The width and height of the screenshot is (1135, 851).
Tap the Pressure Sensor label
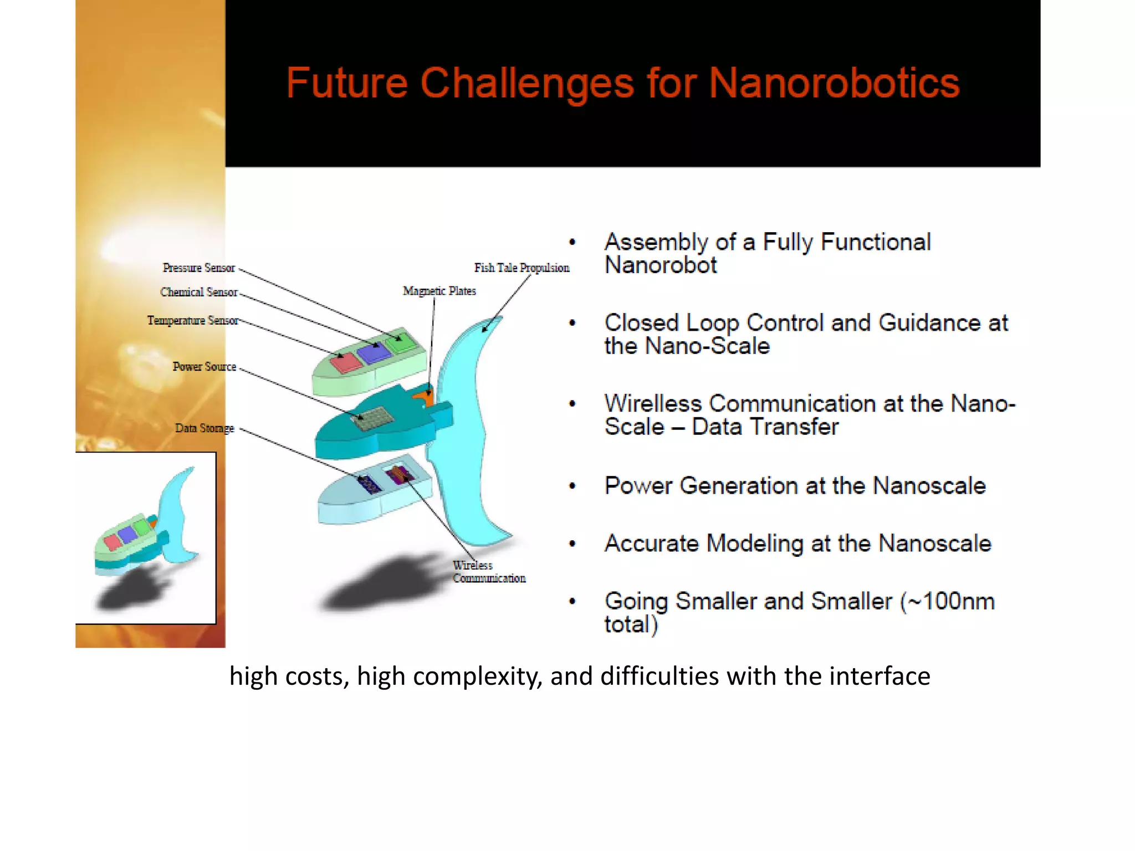coord(198,268)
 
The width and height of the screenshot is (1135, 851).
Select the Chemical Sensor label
coord(198,293)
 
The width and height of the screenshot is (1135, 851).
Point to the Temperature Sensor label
coord(192,321)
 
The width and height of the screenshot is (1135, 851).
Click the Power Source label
coord(204,367)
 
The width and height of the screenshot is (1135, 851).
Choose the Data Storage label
coord(204,428)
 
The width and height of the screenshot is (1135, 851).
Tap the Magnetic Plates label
coord(439,291)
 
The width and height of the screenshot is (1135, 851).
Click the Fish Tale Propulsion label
coord(521,268)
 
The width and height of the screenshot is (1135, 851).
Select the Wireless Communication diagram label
coord(488,572)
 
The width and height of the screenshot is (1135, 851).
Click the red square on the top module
coord(345,363)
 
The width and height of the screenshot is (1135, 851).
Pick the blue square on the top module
coord(375,352)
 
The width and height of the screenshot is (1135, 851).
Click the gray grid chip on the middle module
coord(372,419)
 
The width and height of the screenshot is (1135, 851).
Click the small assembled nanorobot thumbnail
coord(145,537)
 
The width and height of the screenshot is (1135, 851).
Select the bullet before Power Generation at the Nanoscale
coord(572,486)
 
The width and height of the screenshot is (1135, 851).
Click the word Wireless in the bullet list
coord(653,404)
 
